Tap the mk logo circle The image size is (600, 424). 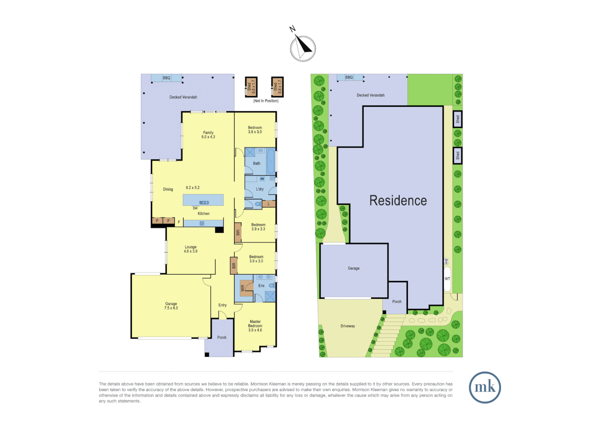coord(485,387)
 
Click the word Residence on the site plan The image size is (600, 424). coord(398,201)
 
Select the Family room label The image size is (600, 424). coord(208,135)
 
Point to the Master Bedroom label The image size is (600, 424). coord(255,326)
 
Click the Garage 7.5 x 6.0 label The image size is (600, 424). coord(171,306)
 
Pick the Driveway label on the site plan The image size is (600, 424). coord(348,326)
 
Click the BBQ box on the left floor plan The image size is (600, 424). coord(167,78)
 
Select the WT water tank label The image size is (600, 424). coord(447,279)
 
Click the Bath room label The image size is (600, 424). coord(256,163)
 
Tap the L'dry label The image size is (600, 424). coord(260,189)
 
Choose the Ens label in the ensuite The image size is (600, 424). coord(261,285)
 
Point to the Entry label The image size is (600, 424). coord(222,305)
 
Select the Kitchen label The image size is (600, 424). coord(203,214)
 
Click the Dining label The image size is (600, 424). coord(168,189)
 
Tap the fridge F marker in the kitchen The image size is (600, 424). coord(179,222)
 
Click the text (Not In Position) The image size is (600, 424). coord(266,101)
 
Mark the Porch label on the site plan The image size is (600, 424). coord(397,302)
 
